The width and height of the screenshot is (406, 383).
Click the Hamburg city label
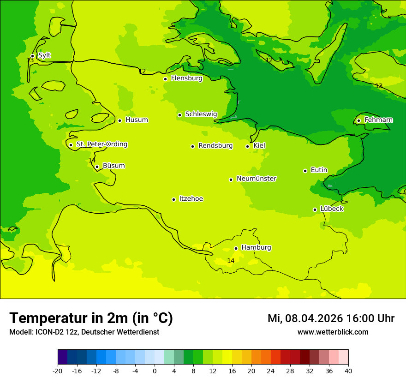tap(256, 248)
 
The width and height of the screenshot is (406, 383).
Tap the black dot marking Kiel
tap(247, 146)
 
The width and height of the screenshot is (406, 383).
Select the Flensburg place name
tap(186, 78)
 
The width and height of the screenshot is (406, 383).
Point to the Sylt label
tap(44, 55)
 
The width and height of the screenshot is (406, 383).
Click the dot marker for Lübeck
tap(315, 209)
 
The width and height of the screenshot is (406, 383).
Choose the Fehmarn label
tap(378, 120)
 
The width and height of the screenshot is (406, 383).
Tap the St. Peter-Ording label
tap(101, 144)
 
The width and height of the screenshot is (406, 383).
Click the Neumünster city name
tap(257, 179)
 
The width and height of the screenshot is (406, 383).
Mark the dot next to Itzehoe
tap(173, 199)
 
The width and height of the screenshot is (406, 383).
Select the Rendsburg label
tap(215, 146)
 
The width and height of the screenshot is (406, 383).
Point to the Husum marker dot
tap(119, 120)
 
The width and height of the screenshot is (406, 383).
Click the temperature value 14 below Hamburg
tap(231, 261)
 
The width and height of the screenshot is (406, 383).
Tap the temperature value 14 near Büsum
tap(92, 161)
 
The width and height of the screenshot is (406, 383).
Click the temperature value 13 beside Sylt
tap(30, 60)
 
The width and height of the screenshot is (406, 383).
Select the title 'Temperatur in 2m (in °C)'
tap(91, 318)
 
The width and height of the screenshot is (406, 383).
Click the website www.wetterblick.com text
tap(333, 332)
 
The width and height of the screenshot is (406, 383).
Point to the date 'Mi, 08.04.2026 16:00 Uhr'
tap(331, 318)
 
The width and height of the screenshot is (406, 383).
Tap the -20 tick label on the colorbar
tap(58, 371)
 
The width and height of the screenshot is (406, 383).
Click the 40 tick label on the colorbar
tap(348, 371)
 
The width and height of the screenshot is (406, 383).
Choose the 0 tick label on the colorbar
tap(155, 371)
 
